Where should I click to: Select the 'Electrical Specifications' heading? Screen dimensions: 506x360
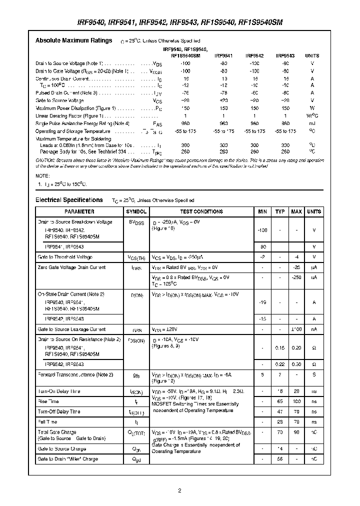(69, 200)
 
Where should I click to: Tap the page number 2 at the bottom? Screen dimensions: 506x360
(179, 490)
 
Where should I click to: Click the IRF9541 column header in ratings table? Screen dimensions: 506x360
(223, 56)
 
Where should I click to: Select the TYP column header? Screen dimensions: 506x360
(280, 212)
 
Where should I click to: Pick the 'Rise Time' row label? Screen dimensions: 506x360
(47, 401)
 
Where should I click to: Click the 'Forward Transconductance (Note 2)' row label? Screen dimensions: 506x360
(75, 374)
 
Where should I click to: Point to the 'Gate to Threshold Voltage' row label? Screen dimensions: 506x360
(65, 257)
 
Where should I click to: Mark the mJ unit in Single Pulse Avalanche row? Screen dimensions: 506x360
(312, 123)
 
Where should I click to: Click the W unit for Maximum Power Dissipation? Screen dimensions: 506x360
(312, 108)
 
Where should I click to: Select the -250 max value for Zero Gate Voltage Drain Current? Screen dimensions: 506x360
(296, 277)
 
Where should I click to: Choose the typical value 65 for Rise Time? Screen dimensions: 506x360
(280, 401)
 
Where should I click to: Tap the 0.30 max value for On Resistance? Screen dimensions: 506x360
(296, 364)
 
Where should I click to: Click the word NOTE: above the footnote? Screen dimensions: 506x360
(42, 176)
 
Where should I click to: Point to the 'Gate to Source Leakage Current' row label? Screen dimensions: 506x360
(71, 329)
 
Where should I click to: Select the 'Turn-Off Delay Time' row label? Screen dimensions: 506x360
(58, 412)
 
